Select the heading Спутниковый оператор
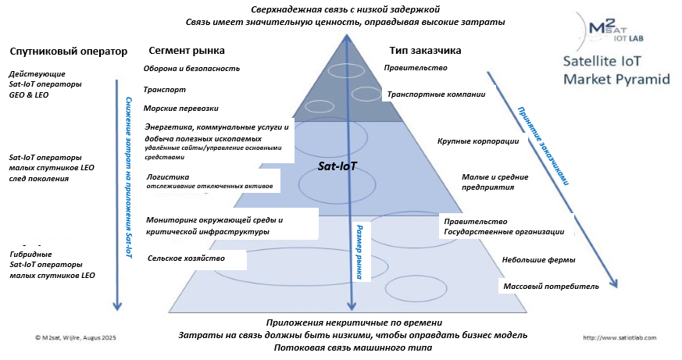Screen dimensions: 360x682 point(68,51)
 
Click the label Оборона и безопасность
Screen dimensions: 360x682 point(191,68)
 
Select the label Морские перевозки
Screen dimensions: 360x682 point(181,108)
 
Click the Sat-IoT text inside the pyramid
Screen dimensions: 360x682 point(337,167)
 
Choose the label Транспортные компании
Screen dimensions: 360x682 point(436,94)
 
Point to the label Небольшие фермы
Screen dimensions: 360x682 point(539,259)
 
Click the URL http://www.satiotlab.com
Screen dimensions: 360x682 point(618,338)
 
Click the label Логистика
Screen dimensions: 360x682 point(168,177)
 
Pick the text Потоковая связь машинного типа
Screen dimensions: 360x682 point(343,347)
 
